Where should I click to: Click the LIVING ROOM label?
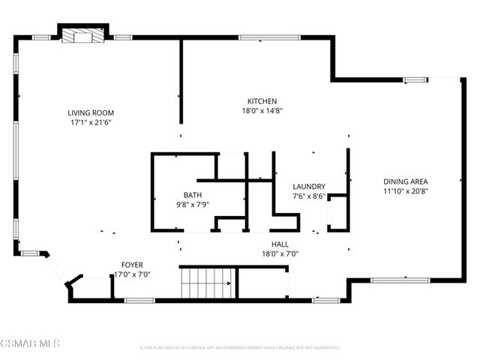click(x=91, y=112)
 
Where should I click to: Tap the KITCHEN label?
click(x=262, y=101)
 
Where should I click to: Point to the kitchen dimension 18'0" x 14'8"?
click(x=262, y=110)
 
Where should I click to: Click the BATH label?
click(x=182, y=195)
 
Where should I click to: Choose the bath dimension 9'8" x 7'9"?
click(x=182, y=204)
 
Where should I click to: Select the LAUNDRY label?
click(x=308, y=187)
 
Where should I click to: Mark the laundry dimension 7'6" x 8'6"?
click(x=308, y=196)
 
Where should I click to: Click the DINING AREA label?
click(x=410, y=181)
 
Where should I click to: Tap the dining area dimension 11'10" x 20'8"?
click(x=410, y=190)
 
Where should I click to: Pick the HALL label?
click(x=280, y=244)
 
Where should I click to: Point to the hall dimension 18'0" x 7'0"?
click(x=280, y=253)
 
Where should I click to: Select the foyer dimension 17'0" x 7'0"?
click(x=132, y=274)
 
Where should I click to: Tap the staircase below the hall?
click(x=207, y=283)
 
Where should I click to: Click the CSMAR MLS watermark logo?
click(x=30, y=344)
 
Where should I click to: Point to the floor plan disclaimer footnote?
click(x=240, y=348)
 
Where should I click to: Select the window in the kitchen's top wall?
click(x=269, y=37)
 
